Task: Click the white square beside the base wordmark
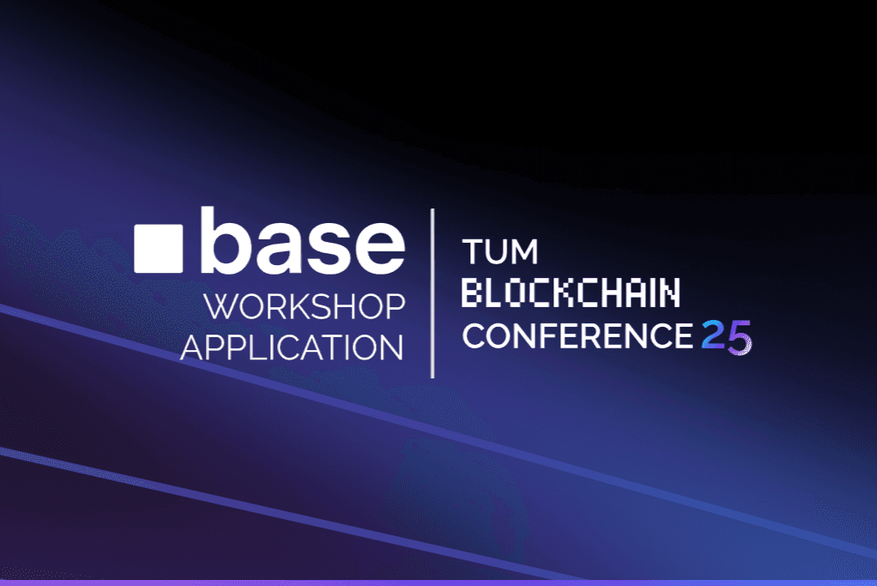point(159,248)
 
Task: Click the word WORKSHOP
point(304,306)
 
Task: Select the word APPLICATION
point(292,347)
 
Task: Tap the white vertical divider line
point(432,293)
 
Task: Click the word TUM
point(500,252)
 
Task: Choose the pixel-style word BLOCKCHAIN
point(571,294)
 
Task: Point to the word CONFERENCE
point(577,336)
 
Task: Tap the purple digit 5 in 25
point(739,337)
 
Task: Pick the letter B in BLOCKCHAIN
point(473,294)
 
